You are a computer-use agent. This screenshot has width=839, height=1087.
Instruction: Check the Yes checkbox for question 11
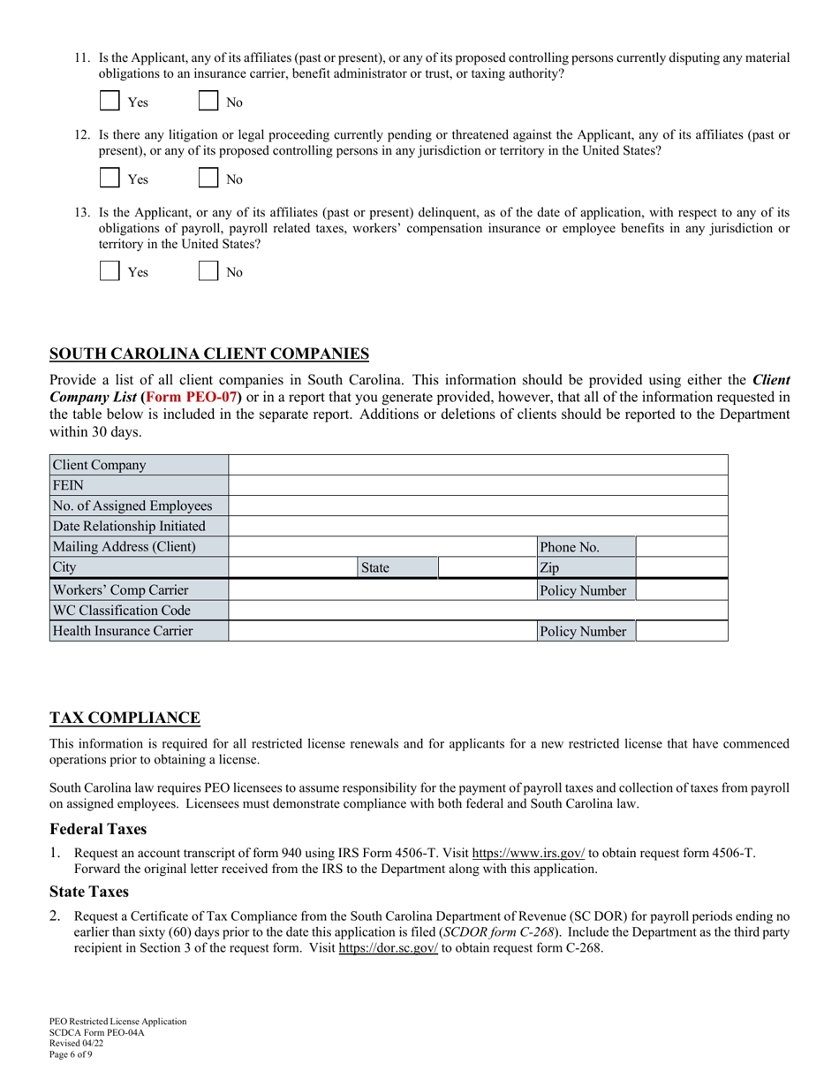coord(110,101)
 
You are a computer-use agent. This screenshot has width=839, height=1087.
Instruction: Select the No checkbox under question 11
coord(208,101)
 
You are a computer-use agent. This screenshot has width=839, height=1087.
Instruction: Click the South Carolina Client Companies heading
coord(209,354)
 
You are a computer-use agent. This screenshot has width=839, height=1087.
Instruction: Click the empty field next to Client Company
coord(478,465)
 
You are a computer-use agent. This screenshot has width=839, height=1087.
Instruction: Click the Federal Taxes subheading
coord(98,829)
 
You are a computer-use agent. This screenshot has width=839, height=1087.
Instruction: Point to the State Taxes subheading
coord(89,892)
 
